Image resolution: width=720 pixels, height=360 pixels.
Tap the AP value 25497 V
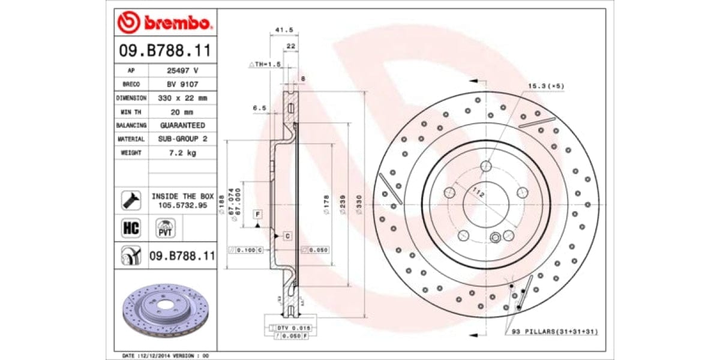(x=182, y=70)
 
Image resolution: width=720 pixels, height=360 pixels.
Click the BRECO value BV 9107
(x=182, y=84)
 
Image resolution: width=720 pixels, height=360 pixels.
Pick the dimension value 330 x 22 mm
(x=182, y=98)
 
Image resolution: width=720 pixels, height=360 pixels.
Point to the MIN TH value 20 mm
(x=182, y=112)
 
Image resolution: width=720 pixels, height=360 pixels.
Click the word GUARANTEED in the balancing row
(x=182, y=125)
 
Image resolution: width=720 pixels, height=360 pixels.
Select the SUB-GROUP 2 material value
(x=182, y=139)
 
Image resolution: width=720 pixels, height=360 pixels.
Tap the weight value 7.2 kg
(x=182, y=153)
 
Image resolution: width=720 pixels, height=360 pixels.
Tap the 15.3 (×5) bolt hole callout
(x=546, y=86)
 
